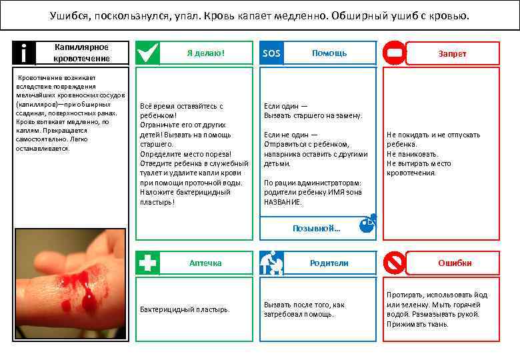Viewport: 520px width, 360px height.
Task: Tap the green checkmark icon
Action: (148, 53)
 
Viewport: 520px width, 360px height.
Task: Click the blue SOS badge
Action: (272, 53)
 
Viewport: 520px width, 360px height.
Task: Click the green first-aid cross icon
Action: (148, 263)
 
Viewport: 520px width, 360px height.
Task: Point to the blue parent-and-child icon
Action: (272, 263)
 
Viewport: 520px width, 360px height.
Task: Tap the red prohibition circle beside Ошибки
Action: (395, 263)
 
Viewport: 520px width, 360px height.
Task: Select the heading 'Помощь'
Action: (329, 53)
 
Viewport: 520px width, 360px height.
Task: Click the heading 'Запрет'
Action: (452, 54)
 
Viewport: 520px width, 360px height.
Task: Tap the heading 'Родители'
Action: (329, 263)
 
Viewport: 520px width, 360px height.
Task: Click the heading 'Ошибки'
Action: (455, 263)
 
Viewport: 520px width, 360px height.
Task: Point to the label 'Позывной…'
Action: (317, 228)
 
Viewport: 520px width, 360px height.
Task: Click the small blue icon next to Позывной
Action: (367, 224)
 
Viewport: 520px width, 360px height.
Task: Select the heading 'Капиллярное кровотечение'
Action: (81, 53)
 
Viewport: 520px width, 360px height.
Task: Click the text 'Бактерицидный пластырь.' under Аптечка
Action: (185, 309)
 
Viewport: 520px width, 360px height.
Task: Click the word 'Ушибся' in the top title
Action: (67, 15)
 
